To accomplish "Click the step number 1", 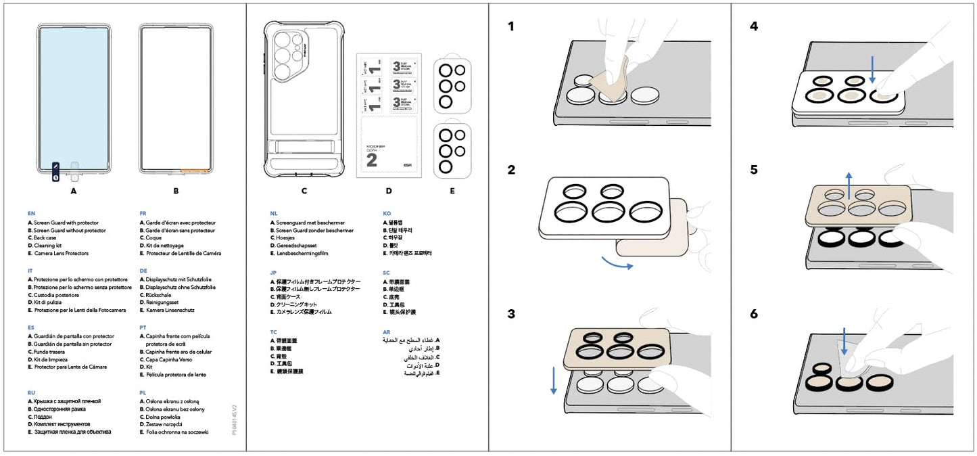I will click(511, 27).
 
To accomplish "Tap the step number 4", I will click(754, 27).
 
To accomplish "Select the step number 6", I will click(754, 314).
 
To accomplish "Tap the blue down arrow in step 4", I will click(872, 70).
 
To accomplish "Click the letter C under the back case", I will click(304, 191).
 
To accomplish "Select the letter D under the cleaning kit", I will click(388, 191).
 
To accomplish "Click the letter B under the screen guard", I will click(176, 191).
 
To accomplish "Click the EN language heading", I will click(31, 212).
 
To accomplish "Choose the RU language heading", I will click(31, 392).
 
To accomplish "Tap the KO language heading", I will click(386, 212).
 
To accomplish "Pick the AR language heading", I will click(386, 332).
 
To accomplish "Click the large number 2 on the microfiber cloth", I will click(371, 160).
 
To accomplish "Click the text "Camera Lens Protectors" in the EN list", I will click(61, 254).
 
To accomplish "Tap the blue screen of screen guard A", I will click(73, 95).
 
